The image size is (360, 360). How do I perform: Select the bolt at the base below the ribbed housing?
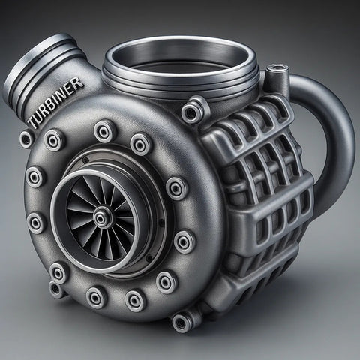[182, 321]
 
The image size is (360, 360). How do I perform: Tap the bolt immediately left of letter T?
[25, 138]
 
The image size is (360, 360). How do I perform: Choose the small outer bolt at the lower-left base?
[57, 289]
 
